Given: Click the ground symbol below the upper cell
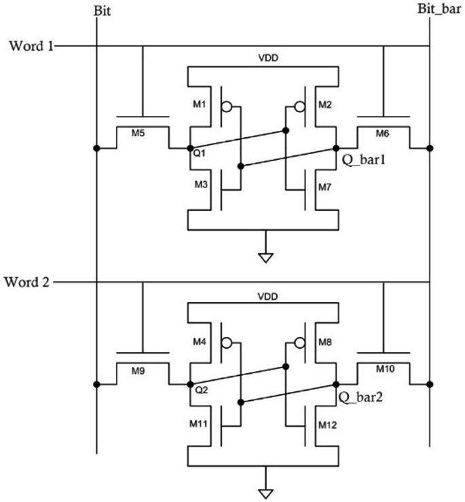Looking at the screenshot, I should click(266, 256).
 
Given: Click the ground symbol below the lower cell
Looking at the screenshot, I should click(266, 491).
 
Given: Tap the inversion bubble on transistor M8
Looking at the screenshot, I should click(296, 344).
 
